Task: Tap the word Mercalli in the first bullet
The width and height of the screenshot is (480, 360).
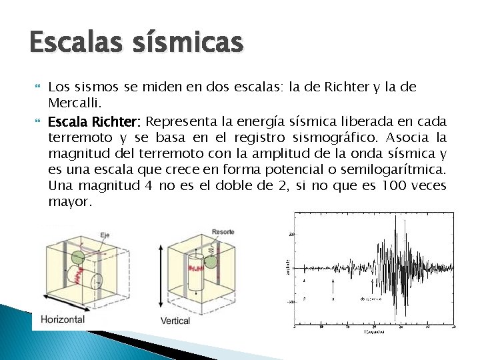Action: pyautogui.click(x=73, y=103)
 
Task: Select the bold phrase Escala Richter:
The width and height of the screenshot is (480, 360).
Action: pyautogui.click(x=94, y=122)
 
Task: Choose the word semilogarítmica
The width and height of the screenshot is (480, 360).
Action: pyautogui.click(x=396, y=170)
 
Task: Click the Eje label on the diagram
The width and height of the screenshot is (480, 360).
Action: pyautogui.click(x=105, y=235)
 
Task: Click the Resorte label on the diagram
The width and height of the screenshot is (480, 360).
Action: pyautogui.click(x=223, y=232)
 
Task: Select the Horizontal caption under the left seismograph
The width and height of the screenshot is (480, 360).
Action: pyautogui.click(x=63, y=319)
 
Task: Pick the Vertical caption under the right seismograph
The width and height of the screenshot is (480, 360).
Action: pyautogui.click(x=175, y=321)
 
